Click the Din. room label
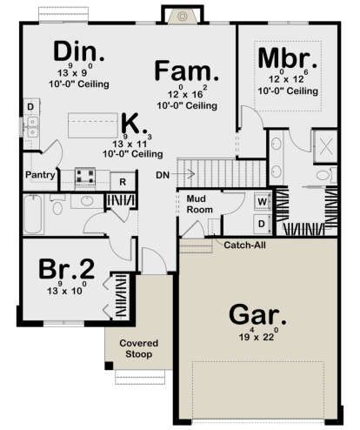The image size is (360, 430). point(78,51)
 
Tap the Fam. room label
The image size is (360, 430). point(187,71)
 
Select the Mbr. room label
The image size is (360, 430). point(288,58)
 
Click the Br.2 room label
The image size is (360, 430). point(66,269)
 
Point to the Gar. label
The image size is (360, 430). point(257,315)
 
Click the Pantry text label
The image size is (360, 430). point(40,175)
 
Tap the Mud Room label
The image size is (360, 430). point(199,204)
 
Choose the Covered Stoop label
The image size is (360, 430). point(139,349)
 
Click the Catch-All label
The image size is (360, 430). point(244,245)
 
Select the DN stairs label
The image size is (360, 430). point(163,175)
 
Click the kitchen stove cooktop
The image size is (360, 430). point(85,177)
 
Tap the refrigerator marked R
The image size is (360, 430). point(123,182)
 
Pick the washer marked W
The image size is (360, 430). point(263,202)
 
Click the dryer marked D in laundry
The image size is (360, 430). point(263,224)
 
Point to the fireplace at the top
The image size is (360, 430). point(182,17)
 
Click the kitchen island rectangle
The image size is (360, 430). point(93,125)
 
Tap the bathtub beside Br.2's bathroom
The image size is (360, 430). point(33,214)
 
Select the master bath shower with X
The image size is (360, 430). point(326,146)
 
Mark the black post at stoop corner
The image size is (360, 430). point(109,366)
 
